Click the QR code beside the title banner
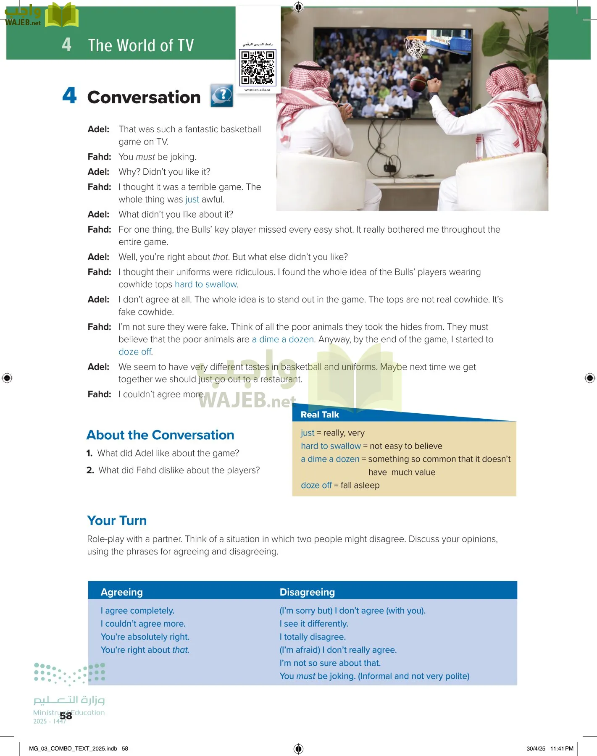(258, 67)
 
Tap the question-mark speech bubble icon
(222, 96)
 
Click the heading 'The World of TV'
(141, 45)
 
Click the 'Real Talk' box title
(320, 415)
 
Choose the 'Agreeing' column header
(122, 592)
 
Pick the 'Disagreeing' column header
(307, 592)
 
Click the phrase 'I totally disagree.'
(313, 637)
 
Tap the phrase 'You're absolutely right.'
(145, 637)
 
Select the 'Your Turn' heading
(117, 521)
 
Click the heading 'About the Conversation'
(160, 435)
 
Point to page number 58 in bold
(66, 716)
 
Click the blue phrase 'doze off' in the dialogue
(135, 352)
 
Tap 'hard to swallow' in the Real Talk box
(331, 446)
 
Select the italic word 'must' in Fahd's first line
(145, 157)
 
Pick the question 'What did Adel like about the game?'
(168, 453)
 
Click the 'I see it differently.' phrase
(314, 624)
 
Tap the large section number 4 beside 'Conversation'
(69, 96)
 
